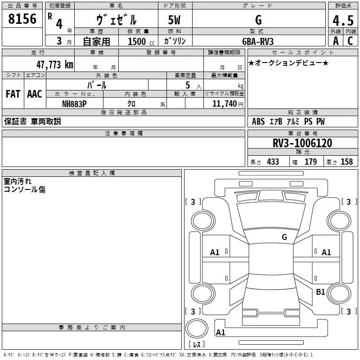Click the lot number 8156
point(22,19)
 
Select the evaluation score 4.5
point(343,20)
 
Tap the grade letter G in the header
point(258,20)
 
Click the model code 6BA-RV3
point(257,41)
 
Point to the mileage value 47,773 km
point(54,65)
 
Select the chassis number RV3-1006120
point(302,143)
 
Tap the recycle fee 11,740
point(224,103)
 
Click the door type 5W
point(175,20)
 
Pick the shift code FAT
point(13,94)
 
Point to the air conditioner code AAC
point(34,94)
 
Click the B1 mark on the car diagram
point(320,292)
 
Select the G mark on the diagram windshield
point(284,237)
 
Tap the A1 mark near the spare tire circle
point(220,333)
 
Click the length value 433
point(273,162)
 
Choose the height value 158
point(346,162)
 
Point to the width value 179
point(310,162)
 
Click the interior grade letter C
point(350,41)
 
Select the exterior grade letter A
point(335,41)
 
